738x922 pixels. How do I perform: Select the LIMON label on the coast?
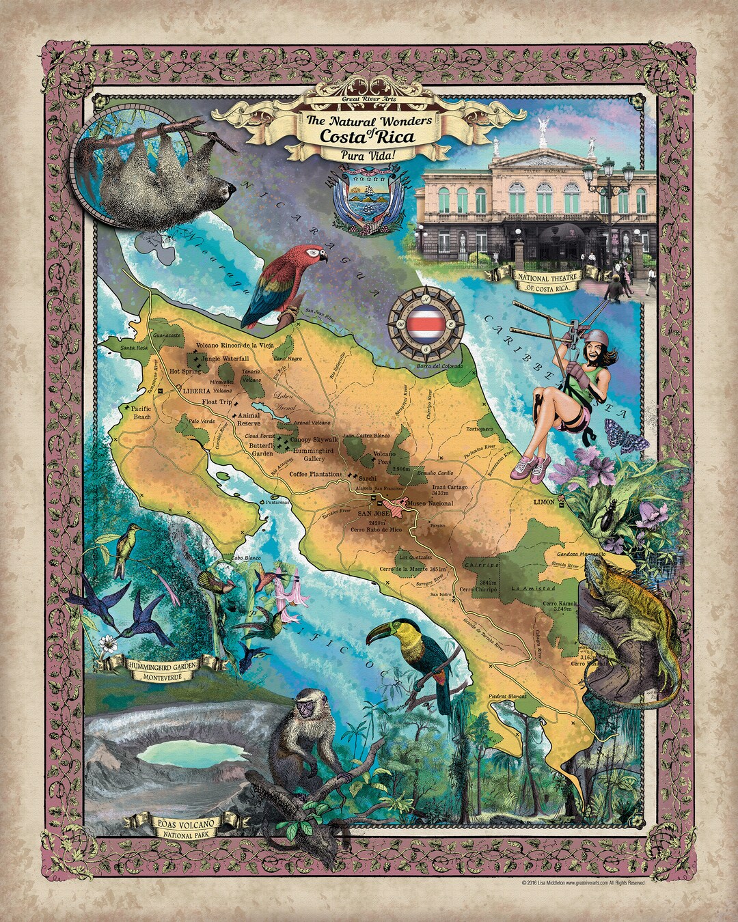click(545, 502)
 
